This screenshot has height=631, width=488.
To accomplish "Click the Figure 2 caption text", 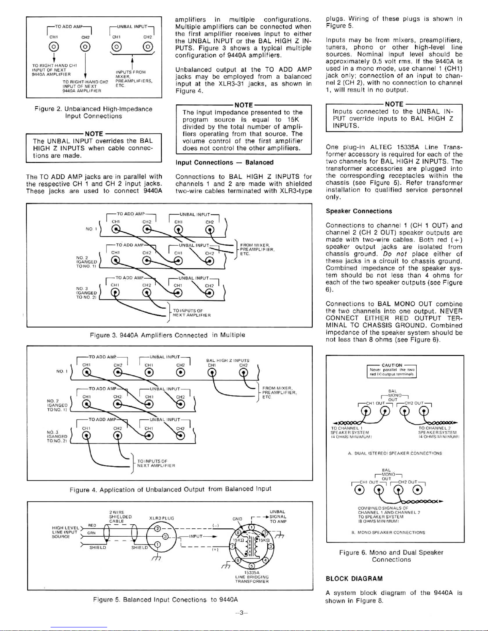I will point(93,112).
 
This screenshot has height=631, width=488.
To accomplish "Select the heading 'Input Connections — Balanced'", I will point(224,162).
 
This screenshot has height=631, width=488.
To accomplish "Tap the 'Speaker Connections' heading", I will point(359,211).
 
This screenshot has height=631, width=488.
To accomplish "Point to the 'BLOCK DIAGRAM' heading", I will point(354,578).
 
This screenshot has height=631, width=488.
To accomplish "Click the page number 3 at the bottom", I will point(241,613).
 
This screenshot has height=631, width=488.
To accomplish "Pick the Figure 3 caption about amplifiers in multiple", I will point(167,335).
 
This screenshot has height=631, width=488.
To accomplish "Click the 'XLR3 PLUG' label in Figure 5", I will point(161,518).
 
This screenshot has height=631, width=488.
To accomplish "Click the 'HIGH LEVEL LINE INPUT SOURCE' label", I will point(65,532).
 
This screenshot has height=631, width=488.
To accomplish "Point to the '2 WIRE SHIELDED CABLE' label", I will point(116,516).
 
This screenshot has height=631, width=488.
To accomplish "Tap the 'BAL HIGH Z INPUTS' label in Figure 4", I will point(227,360).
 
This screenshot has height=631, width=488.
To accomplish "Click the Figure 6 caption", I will point(391,556).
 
